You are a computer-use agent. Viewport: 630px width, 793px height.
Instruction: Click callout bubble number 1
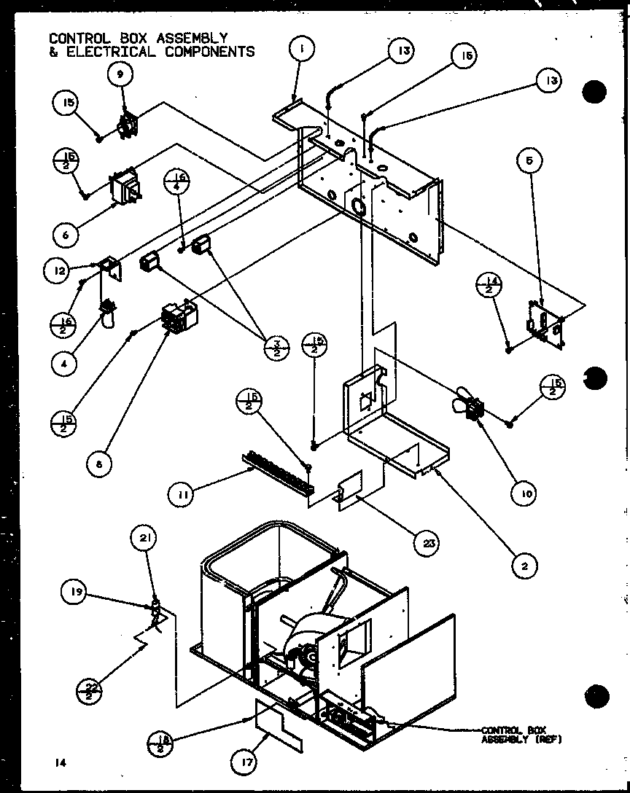300,50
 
